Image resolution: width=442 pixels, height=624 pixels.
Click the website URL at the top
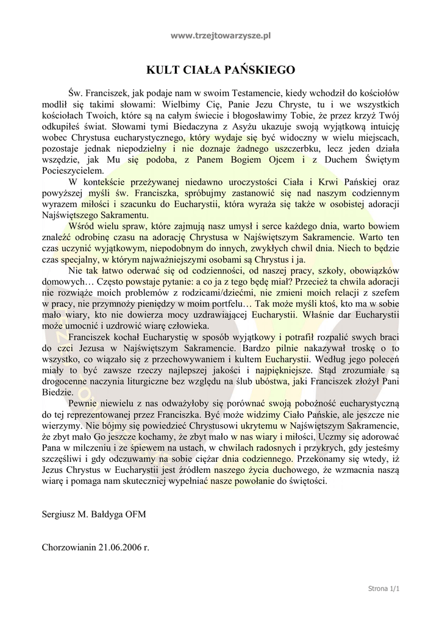pos(221,36)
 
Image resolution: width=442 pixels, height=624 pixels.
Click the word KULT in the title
pos(162,69)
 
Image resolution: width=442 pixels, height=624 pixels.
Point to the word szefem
pos(385,292)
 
